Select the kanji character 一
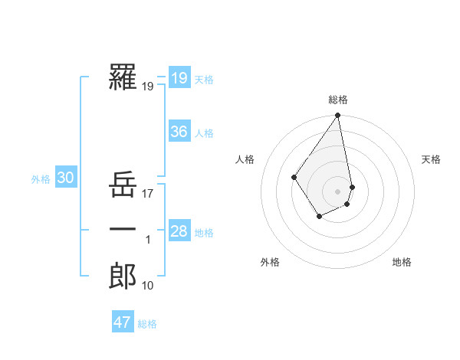123,230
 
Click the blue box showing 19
179,77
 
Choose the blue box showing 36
179,132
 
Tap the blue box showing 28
179,231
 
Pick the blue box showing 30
65,178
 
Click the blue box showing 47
122,322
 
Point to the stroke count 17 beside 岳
148,195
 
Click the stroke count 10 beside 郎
148,286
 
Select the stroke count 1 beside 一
148,241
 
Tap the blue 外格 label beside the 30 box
41,179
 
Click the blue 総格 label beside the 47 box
147,324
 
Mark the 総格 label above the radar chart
338,100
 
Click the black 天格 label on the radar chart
431,159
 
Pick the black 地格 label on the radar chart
402,262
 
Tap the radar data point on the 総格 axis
337,116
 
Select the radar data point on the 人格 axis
294,178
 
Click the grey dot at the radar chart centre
337,191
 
